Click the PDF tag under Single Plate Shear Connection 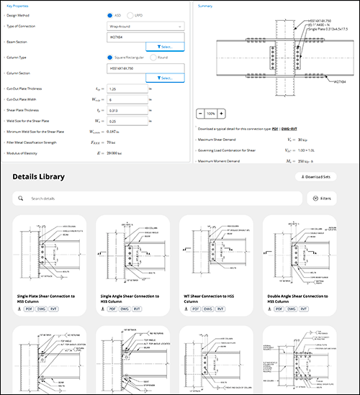[28, 308]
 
